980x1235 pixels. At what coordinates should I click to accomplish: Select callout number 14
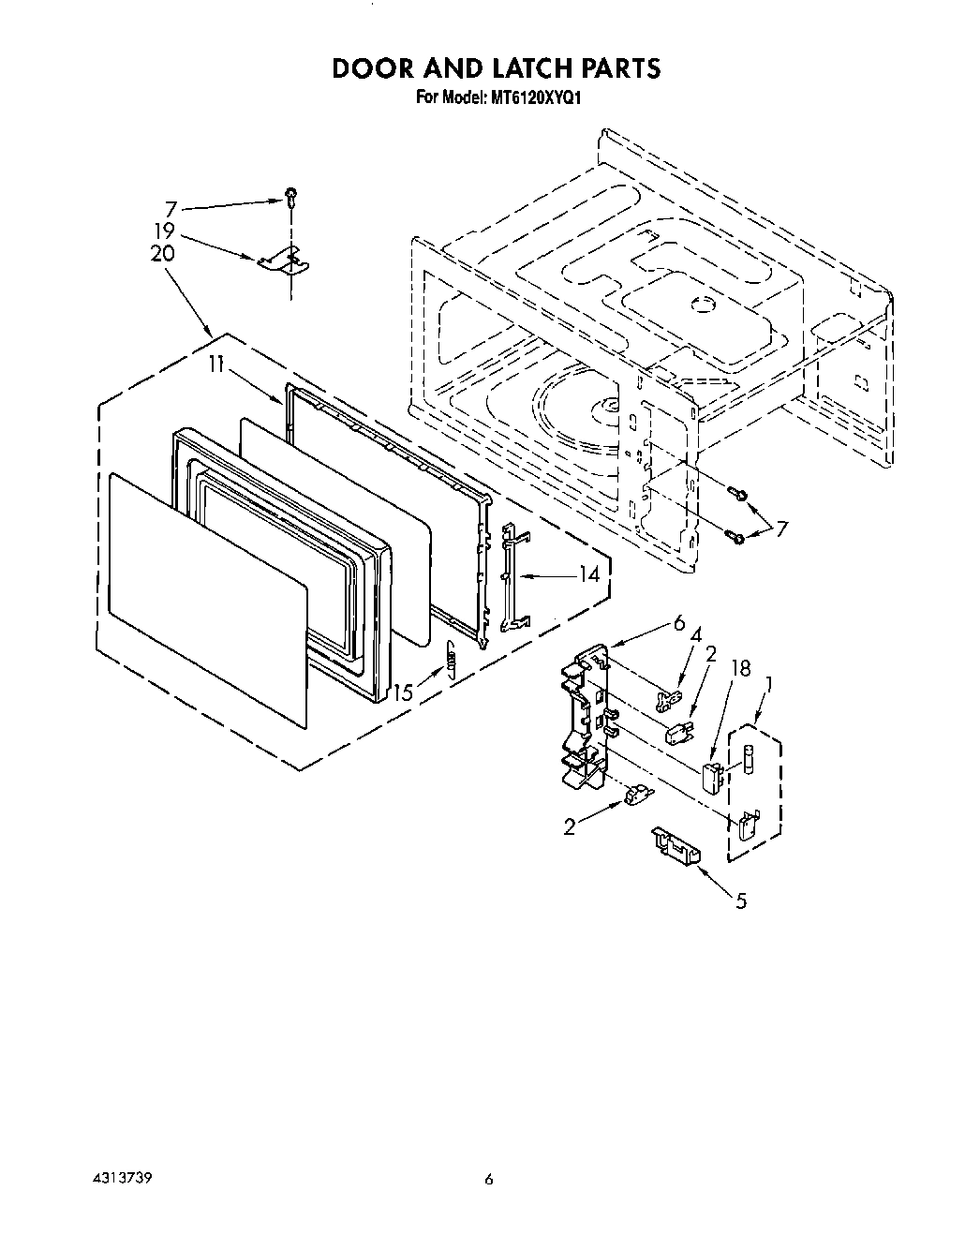(x=588, y=574)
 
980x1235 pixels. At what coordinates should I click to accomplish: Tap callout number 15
(x=403, y=693)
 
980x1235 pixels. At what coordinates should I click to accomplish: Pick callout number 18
(x=740, y=668)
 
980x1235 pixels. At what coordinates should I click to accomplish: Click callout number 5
(x=741, y=901)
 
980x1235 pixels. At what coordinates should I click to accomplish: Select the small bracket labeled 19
(x=282, y=260)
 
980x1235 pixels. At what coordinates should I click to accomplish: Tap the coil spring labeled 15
(x=451, y=657)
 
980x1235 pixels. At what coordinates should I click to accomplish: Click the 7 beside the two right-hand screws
(x=780, y=529)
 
